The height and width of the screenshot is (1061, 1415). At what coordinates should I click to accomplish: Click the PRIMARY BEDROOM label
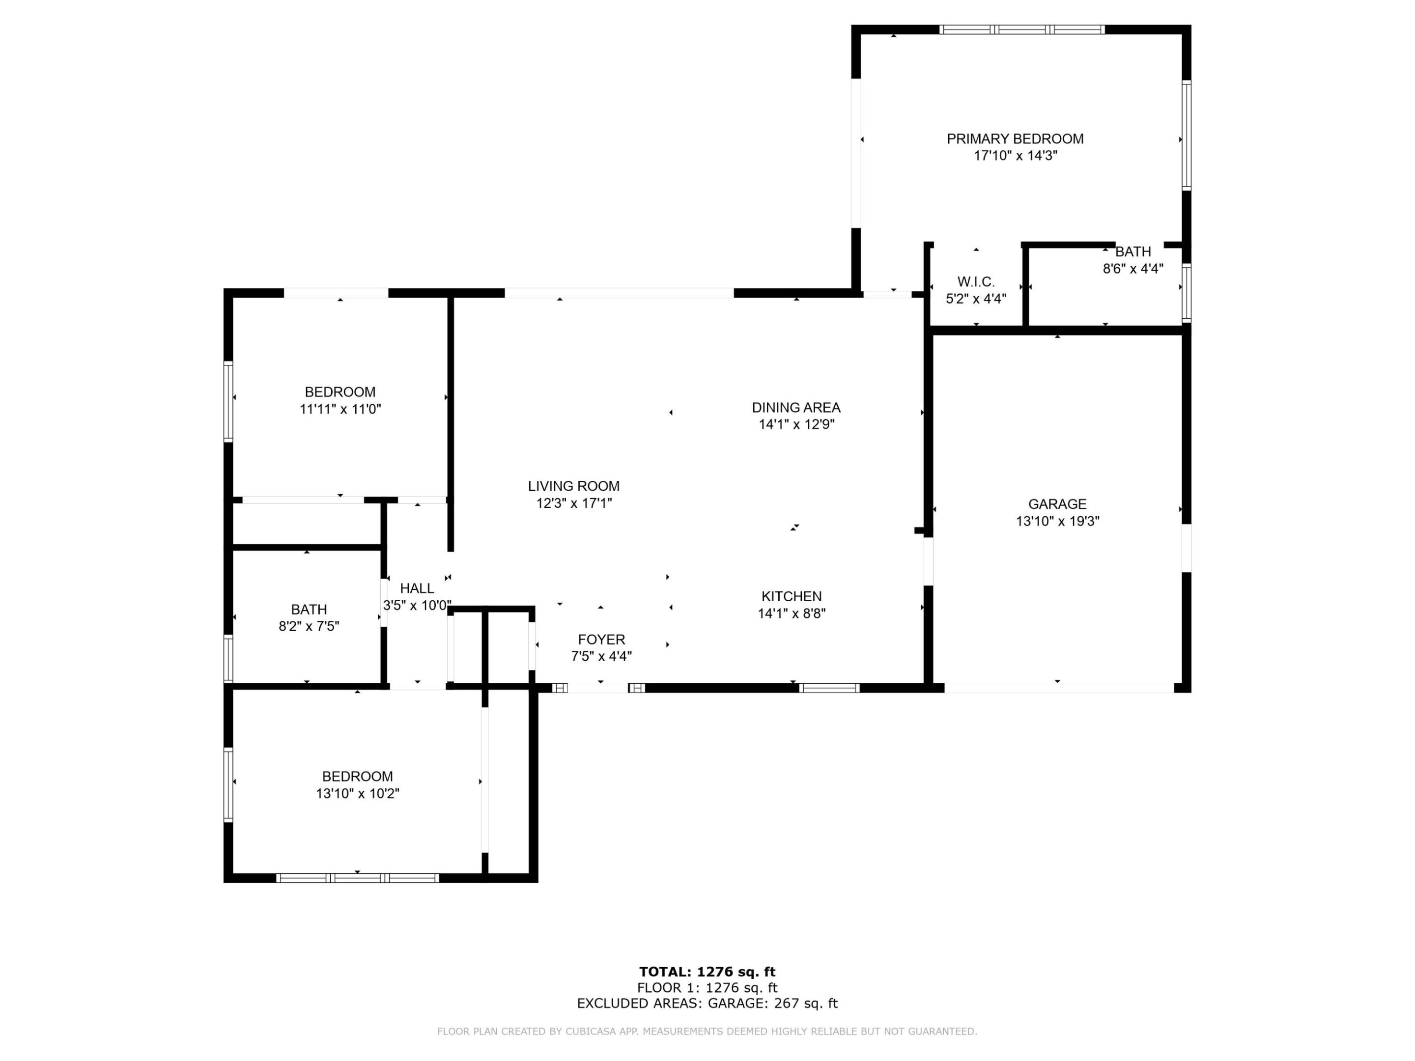[1015, 139]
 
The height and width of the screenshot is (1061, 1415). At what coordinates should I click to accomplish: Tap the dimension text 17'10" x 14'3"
[1015, 155]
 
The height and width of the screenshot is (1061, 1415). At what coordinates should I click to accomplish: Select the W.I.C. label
[976, 281]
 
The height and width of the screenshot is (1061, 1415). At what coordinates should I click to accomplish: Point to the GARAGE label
[1057, 504]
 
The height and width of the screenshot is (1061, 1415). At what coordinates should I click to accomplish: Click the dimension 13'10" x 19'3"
[1057, 521]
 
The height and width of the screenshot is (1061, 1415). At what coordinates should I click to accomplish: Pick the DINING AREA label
[796, 407]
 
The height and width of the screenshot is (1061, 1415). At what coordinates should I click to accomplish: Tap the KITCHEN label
[792, 596]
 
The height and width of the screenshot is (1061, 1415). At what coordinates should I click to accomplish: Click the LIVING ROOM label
[573, 486]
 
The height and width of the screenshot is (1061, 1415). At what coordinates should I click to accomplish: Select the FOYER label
[601, 640]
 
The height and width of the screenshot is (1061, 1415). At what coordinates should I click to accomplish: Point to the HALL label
[417, 588]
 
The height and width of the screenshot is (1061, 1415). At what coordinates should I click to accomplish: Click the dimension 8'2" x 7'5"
[309, 626]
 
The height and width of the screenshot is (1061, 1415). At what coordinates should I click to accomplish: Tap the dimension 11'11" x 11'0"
[340, 409]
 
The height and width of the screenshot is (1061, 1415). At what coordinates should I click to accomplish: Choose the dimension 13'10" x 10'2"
[357, 794]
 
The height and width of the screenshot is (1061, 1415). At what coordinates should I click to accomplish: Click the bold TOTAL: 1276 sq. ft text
[707, 972]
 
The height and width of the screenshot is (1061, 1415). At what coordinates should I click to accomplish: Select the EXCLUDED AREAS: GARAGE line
[707, 1004]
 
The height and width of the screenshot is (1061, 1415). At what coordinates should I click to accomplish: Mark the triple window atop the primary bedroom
[1021, 29]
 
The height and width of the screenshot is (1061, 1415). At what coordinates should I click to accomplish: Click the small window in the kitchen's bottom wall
[828, 688]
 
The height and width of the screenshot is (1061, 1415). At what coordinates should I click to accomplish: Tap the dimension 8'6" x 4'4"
[1132, 269]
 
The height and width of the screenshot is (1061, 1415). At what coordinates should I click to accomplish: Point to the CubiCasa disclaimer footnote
[707, 1031]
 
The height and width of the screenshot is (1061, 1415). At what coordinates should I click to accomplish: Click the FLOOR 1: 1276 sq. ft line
[707, 988]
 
